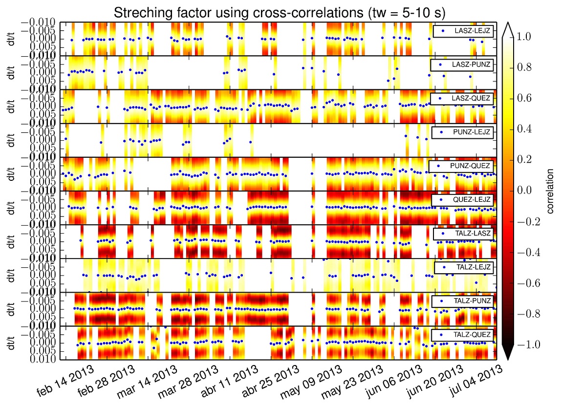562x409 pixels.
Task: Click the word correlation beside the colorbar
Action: point(550,191)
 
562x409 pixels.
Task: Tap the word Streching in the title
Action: point(136,12)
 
